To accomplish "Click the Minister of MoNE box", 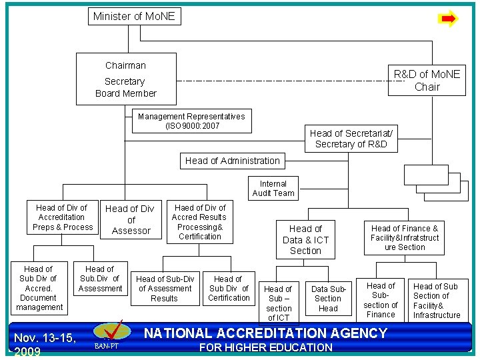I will coord(134,16).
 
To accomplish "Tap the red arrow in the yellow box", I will coord(449,19).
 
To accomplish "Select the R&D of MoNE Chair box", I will coord(427,81).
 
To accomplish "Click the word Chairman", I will coord(125,65).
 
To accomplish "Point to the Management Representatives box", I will coord(191,121).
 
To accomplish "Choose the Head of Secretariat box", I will coord(351,139).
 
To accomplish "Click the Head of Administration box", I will coord(232,161).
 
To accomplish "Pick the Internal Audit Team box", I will coord(273,189).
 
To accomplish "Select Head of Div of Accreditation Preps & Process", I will coord(62,217).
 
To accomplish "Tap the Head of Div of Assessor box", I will coord(131,219).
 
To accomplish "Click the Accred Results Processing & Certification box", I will coord(199,222).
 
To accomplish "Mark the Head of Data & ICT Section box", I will coord(305,240).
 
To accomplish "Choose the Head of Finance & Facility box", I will coord(405,237).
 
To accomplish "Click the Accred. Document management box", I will coord(39,289).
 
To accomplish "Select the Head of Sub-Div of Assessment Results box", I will coord(165,289).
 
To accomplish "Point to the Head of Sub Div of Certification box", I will coord(229,289).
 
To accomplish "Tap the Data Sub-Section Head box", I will coord(328,299).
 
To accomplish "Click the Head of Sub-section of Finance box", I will coord(381,300).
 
